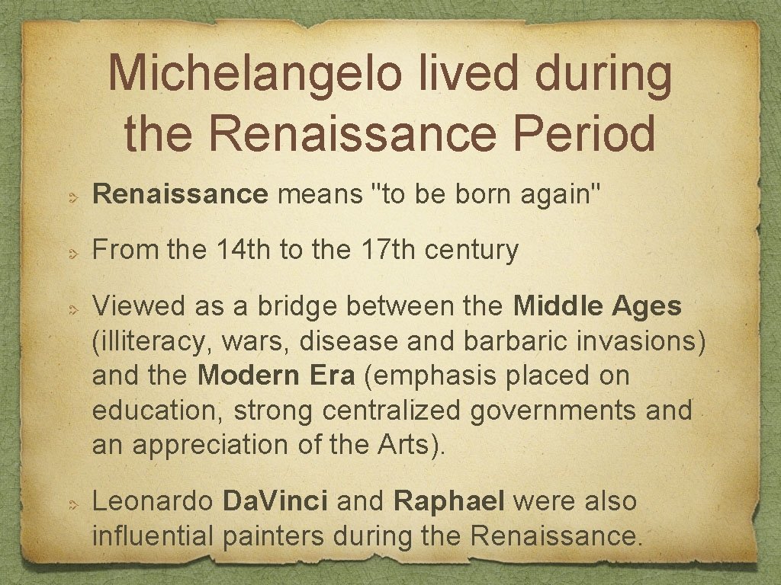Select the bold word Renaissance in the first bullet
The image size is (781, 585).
click(x=180, y=195)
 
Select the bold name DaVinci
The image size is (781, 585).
click(x=275, y=501)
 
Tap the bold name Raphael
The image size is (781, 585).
click(x=449, y=501)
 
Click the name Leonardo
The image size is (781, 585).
click(x=153, y=501)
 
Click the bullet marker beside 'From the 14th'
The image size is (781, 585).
click(x=69, y=253)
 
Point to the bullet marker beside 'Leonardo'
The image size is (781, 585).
click(x=69, y=504)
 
